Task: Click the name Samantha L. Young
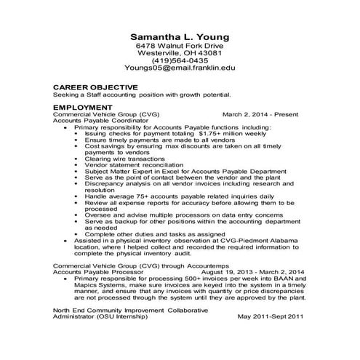coord(180,36)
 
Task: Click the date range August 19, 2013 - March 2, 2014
coord(252,272)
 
